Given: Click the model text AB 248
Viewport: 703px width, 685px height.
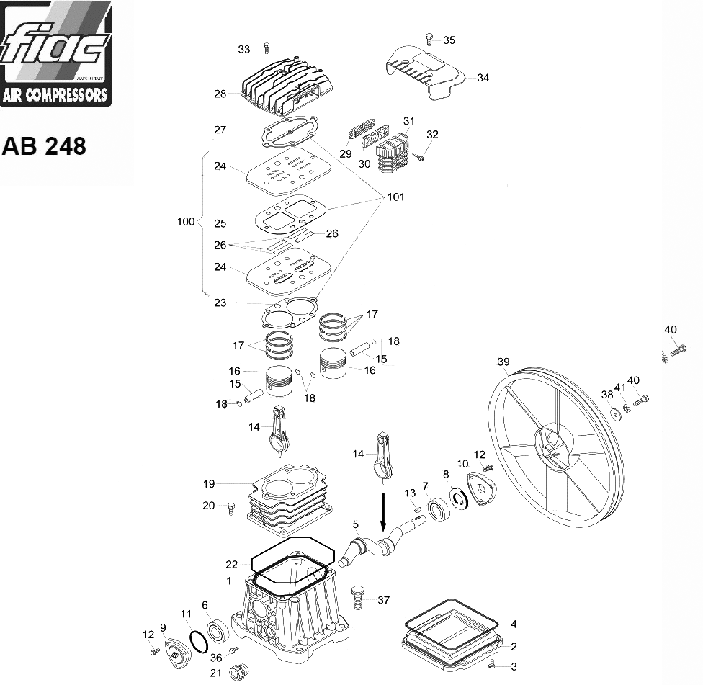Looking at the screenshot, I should pyautogui.click(x=44, y=146).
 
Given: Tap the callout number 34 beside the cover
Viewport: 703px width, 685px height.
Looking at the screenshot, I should pyautogui.click(x=483, y=78).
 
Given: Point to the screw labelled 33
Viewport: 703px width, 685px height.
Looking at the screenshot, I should pyautogui.click(x=266, y=48).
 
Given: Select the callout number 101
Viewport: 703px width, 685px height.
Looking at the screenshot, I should pyautogui.click(x=395, y=197).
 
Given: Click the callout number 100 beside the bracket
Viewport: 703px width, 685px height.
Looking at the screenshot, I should pyautogui.click(x=186, y=221).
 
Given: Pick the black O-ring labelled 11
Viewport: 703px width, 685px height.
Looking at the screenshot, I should pyautogui.click(x=196, y=639).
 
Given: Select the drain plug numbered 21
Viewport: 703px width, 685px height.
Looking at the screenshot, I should pyautogui.click(x=236, y=673).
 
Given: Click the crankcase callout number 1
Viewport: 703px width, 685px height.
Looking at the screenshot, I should pyautogui.click(x=228, y=580).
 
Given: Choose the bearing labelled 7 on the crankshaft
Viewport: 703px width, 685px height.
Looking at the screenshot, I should pyautogui.click(x=438, y=509).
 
